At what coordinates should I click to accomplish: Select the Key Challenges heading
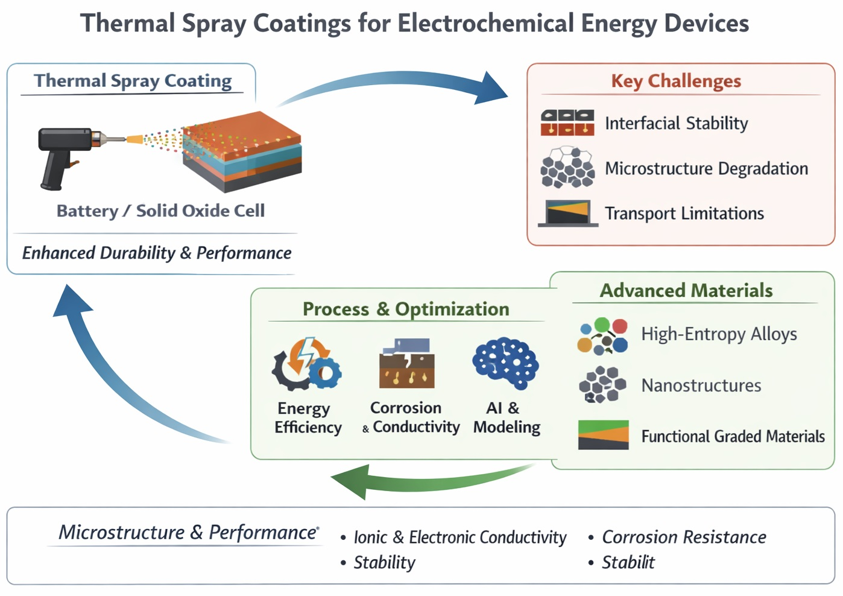[x=676, y=81]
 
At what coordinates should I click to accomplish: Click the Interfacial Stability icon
[x=567, y=122]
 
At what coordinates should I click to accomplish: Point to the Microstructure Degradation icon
[x=567, y=167]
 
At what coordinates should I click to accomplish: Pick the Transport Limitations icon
[x=568, y=213]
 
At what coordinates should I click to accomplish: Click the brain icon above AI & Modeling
[x=505, y=363]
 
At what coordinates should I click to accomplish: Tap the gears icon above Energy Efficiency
[x=306, y=364]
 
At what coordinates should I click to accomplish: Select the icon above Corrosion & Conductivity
[x=407, y=363]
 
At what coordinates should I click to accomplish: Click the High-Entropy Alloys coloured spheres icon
[x=602, y=336]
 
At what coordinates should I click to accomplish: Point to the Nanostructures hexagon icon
[x=602, y=384]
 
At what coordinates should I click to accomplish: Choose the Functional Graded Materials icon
[x=603, y=435]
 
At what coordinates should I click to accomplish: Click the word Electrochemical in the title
[x=486, y=24]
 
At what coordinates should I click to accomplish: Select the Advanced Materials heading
[x=686, y=291]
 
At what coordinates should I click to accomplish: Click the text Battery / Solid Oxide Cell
[x=160, y=211]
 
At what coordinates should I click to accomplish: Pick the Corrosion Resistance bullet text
[x=684, y=537]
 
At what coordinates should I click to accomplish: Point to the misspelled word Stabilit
[x=628, y=562]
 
